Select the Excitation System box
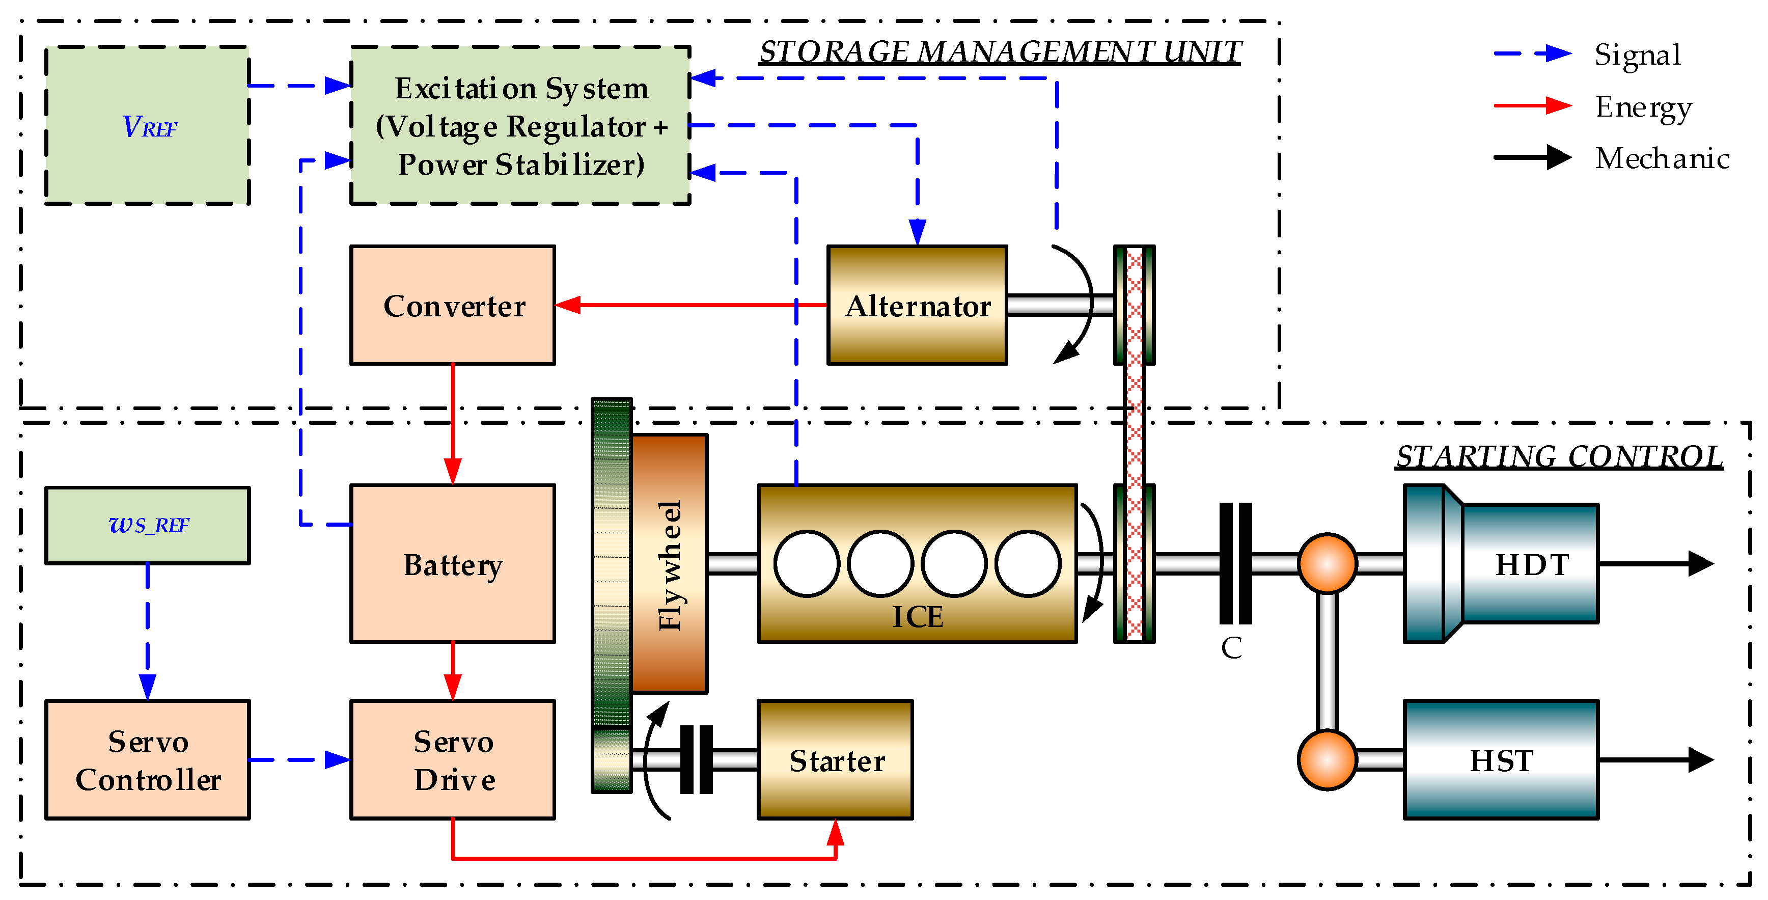tap(520, 126)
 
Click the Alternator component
tap(917, 305)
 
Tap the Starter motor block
tap(835, 759)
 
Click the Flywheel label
tap(669, 564)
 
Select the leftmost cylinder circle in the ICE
tap(807, 563)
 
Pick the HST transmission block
tap(1501, 759)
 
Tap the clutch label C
tap(1231, 648)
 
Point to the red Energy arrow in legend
tap(1533, 106)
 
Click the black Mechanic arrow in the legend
tap(1533, 157)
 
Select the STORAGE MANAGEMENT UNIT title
tap(1000, 52)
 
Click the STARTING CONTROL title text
tap(1559, 456)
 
